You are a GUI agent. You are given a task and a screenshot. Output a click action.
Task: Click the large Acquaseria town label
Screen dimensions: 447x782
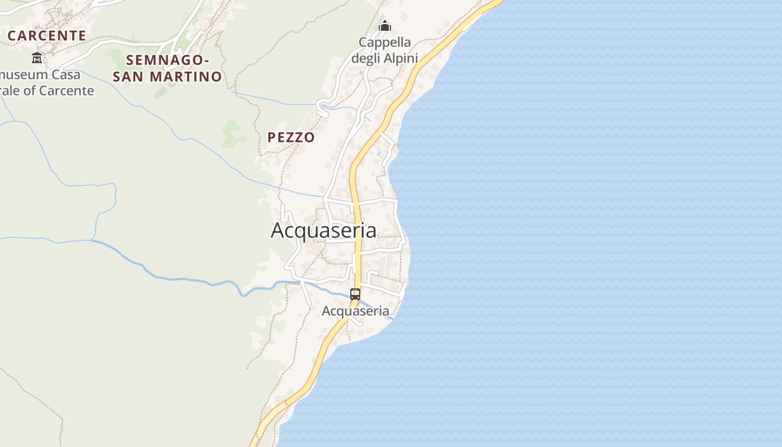click(x=323, y=230)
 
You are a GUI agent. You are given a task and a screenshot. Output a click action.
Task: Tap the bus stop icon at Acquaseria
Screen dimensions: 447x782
click(x=355, y=294)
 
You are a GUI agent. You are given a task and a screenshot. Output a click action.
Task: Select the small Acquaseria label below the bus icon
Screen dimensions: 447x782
click(x=355, y=311)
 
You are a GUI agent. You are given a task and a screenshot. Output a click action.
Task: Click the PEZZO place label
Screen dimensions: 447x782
click(x=291, y=137)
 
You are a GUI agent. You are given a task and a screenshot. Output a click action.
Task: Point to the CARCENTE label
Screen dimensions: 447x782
click(x=47, y=36)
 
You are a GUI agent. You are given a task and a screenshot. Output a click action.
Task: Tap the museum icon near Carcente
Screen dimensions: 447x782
click(x=37, y=58)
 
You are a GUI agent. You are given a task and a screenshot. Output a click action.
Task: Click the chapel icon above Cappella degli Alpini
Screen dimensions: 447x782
click(x=385, y=26)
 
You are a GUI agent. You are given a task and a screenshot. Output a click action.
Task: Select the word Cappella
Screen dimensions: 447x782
click(x=385, y=42)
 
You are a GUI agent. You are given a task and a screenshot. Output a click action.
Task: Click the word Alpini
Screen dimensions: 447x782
click(x=400, y=58)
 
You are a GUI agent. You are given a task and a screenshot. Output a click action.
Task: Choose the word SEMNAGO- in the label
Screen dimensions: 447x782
click(x=168, y=60)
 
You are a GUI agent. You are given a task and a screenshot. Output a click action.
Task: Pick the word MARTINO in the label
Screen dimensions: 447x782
click(x=193, y=77)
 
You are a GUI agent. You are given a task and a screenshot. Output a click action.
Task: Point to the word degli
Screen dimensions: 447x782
click(x=366, y=59)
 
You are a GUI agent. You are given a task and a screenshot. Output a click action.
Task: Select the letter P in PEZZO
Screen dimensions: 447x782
click(x=272, y=137)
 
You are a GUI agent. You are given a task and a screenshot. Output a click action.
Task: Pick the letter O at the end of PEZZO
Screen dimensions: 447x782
click(x=309, y=137)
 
